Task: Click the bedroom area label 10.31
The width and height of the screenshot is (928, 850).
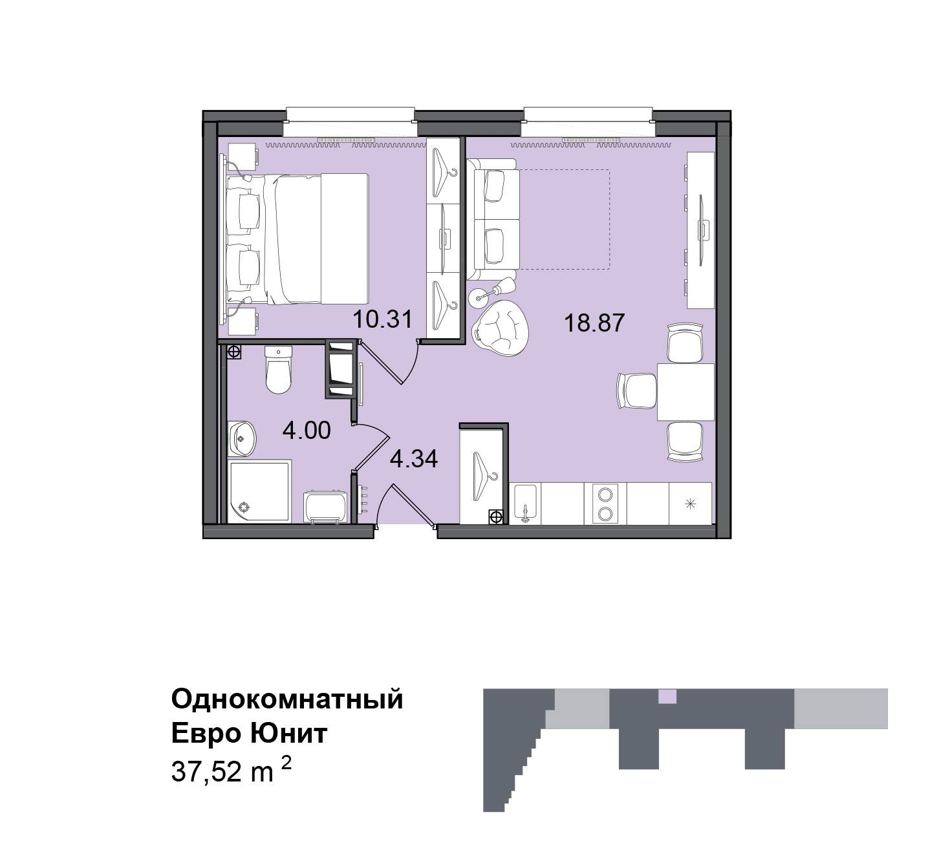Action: tap(382, 319)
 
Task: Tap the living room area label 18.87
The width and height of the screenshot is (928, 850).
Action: tap(594, 323)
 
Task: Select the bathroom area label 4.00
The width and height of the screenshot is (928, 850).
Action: tap(307, 430)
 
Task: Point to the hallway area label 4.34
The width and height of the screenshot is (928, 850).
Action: tap(414, 459)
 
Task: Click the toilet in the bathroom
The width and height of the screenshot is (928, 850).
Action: tap(279, 369)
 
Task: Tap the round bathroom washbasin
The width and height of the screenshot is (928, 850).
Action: tap(241, 438)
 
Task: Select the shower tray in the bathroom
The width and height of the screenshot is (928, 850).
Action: tap(259, 491)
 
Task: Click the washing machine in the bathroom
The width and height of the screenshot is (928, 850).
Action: tap(325, 507)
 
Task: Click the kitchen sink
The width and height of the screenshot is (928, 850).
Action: tap(525, 504)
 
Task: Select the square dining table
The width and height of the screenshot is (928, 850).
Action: tap(685, 392)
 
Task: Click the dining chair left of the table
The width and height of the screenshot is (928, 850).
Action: tap(637, 391)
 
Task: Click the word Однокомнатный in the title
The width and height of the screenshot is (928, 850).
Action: tap(287, 699)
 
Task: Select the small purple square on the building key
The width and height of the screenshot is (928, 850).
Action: tap(667, 696)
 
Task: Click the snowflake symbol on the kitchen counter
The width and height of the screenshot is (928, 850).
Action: tap(690, 503)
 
